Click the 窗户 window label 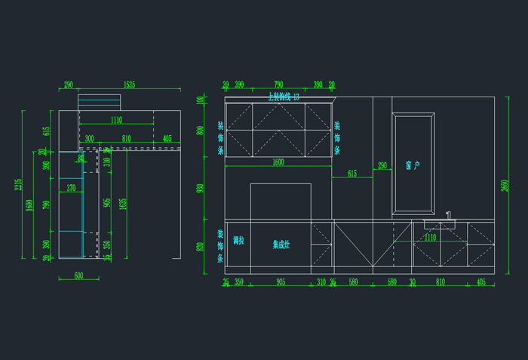pos(412,165)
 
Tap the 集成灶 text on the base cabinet pos(281,245)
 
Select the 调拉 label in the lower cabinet pos(238,241)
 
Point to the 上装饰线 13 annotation pos(284,97)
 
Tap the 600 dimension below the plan pos(78,275)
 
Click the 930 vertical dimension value pos(201,188)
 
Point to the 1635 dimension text pos(123,204)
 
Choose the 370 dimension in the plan pos(71,188)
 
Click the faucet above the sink pos(448,216)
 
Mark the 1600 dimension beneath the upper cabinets pos(278,162)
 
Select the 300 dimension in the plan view pos(89,139)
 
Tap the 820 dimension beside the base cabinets pos(201,247)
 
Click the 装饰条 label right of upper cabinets pos(337,138)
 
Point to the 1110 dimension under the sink pos(430,237)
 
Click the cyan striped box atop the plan pos(99,102)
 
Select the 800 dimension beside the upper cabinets pos(201,130)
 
